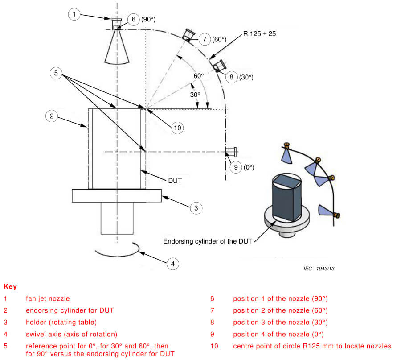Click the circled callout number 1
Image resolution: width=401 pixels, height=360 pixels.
pyautogui.click(x=74, y=14)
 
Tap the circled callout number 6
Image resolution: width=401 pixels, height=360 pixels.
pyautogui.click(x=133, y=19)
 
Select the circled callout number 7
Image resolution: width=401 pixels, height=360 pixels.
pyautogui.click(x=205, y=39)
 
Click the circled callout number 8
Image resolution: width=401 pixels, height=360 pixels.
pyautogui.click(x=231, y=77)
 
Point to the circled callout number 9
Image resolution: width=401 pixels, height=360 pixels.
pyautogui.click(x=236, y=167)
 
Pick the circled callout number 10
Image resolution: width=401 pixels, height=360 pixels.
pyautogui.click(x=178, y=128)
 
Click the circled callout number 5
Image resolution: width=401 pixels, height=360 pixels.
pyautogui.click(x=56, y=73)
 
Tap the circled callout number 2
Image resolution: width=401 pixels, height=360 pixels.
pyautogui.click(x=52, y=116)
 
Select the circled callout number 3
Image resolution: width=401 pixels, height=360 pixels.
pyautogui.click(x=196, y=208)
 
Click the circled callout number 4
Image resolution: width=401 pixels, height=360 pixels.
pyautogui.click(x=173, y=264)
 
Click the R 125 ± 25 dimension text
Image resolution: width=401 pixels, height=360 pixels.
pyautogui.click(x=259, y=34)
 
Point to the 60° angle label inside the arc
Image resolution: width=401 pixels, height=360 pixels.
pyautogui.click(x=199, y=76)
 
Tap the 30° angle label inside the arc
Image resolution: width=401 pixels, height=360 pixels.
pyautogui.click(x=195, y=95)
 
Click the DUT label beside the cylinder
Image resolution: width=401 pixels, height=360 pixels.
pyautogui.click(x=175, y=181)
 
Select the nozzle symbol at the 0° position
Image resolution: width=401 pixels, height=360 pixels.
pyautogui.click(x=230, y=152)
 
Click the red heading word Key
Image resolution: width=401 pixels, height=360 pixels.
pyautogui.click(x=10, y=286)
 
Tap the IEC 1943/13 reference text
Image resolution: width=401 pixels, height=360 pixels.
pyautogui.click(x=319, y=268)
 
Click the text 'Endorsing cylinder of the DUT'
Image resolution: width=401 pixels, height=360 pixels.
pyautogui.click(x=208, y=241)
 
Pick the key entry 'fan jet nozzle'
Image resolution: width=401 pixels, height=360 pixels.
pyautogui.click(x=48, y=298)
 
